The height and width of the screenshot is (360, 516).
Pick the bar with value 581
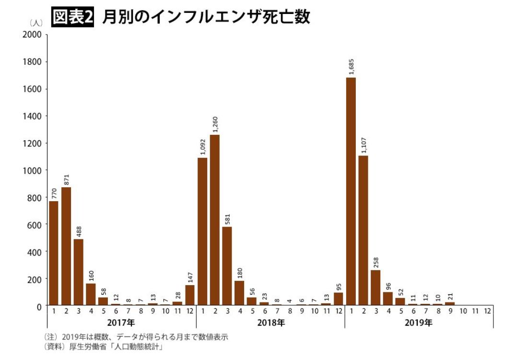click(227, 266)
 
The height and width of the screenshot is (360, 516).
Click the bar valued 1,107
click(363, 230)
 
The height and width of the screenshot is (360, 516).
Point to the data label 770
click(54, 193)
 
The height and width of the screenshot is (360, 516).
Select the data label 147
click(190, 277)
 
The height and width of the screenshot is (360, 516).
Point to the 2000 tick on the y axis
click(34, 35)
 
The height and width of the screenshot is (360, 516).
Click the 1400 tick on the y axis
click(34, 116)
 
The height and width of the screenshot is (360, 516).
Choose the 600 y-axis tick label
click(36, 224)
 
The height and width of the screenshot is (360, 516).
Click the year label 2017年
click(121, 323)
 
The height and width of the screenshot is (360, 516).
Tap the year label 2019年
click(418, 323)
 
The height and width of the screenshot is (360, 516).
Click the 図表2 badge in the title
click(72, 18)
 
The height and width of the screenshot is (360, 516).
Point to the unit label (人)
click(36, 23)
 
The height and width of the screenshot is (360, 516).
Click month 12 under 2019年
click(488, 311)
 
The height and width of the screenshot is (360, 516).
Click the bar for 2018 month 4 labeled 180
click(239, 293)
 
